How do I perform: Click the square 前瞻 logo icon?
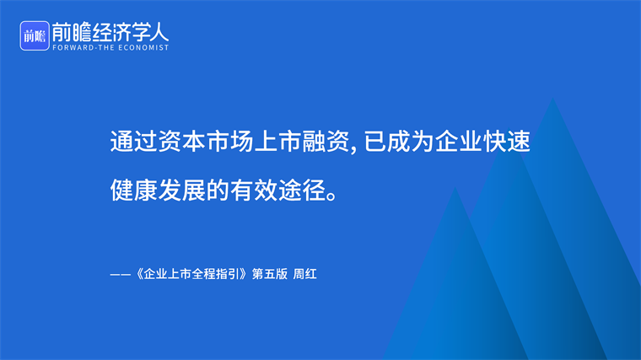35,36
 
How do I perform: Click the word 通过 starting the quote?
133,142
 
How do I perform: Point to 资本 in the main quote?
181,142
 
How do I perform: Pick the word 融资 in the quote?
326,142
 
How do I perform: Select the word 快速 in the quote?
507,142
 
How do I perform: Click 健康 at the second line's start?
133,190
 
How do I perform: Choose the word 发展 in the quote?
181,190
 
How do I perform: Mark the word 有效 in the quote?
254,190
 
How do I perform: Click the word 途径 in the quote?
302,190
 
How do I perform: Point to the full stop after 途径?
332,196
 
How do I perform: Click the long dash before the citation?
120,275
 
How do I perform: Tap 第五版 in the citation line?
270,274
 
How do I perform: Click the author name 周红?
305,274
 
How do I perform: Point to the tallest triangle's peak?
552,98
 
